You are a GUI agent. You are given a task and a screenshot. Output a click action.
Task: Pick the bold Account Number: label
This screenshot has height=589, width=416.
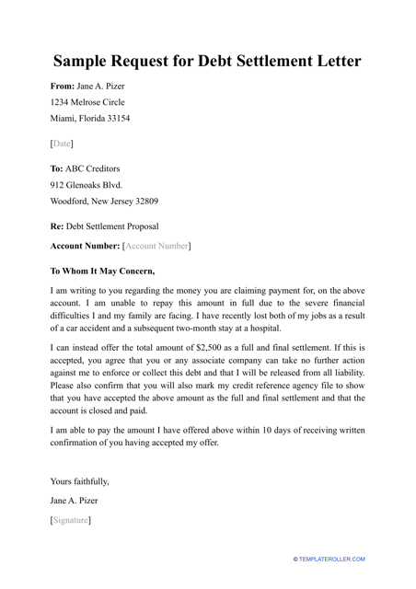point(84,247)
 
